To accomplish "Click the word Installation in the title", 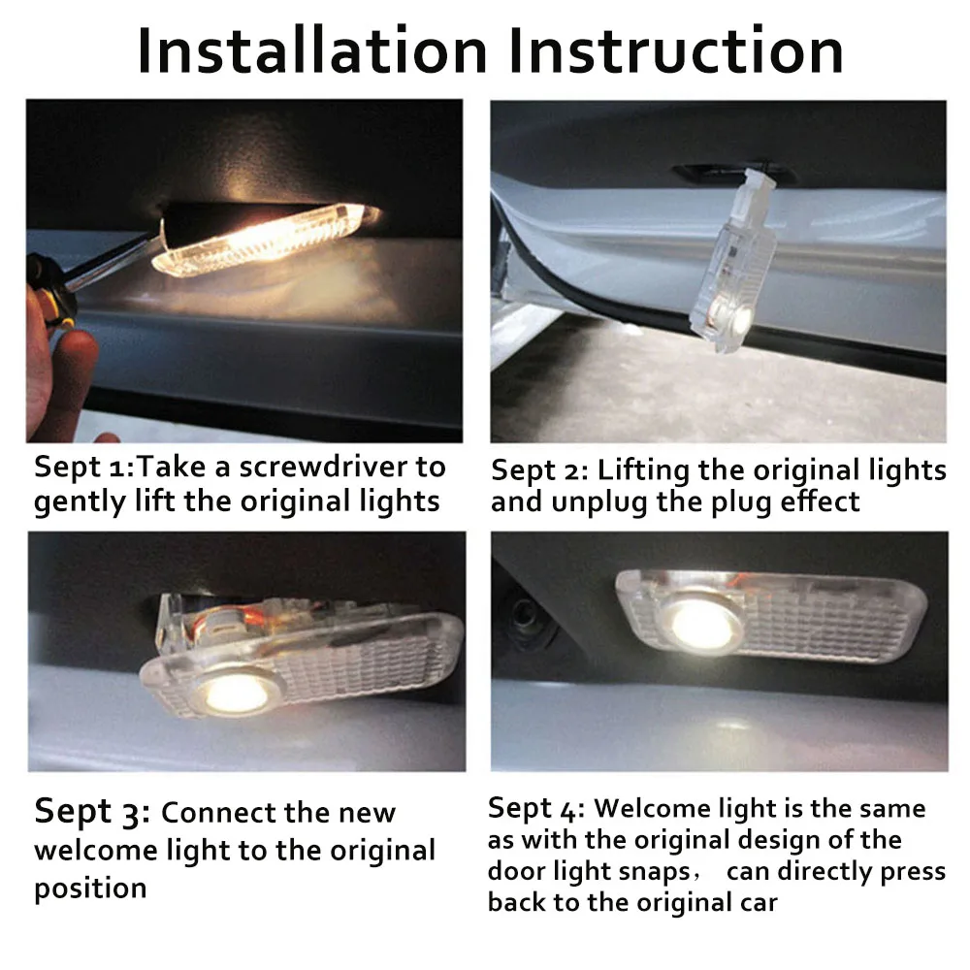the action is pyautogui.click(x=312, y=50).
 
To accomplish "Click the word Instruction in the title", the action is pyautogui.click(x=676, y=50).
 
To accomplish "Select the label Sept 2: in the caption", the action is pyautogui.click(x=539, y=471).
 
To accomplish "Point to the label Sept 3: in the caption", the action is pyautogui.click(x=92, y=812).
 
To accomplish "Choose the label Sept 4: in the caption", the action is pyautogui.click(x=535, y=810).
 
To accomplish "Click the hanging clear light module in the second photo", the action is pyautogui.click(x=732, y=262).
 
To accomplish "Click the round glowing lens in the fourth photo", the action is pyautogui.click(x=704, y=624).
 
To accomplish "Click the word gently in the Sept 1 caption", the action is pyautogui.click(x=80, y=502).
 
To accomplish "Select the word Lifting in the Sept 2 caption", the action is pyautogui.click(x=643, y=471).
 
